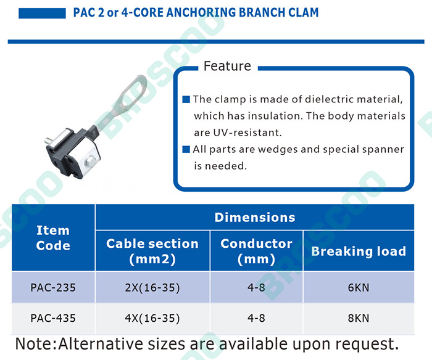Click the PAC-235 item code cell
[53, 287]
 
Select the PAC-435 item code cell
[53, 318]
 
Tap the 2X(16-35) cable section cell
[152, 288]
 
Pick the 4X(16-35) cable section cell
[152, 318]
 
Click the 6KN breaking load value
[358, 287]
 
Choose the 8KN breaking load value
[358, 318]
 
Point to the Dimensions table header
[255, 217]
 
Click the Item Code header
[53, 238]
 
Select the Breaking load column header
[359, 251]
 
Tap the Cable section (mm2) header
[152, 251]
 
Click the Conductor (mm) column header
[256, 251]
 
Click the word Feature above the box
[227, 66]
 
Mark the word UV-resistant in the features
[247, 133]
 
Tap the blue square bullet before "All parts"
[186, 149]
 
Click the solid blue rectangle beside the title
[42, 13]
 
